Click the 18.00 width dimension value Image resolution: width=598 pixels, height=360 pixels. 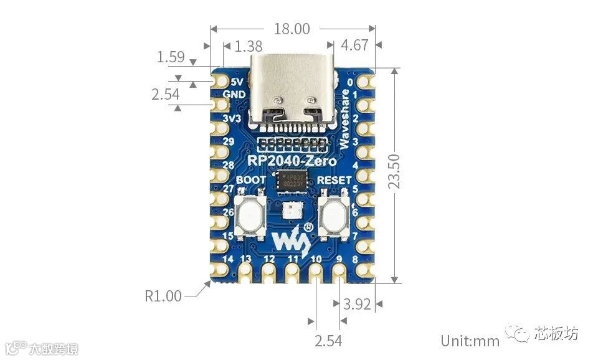[292, 29]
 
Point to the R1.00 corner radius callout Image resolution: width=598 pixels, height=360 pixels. [163, 296]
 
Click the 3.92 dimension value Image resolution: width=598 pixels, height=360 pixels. [357, 305]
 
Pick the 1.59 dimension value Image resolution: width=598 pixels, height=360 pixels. [170, 57]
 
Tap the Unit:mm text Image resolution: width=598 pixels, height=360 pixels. [470, 341]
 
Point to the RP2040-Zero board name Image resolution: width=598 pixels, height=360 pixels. [292, 161]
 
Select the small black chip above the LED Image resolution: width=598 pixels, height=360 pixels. [293, 181]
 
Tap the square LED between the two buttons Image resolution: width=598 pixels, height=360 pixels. [291, 211]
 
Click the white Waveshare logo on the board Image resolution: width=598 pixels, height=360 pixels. [293, 236]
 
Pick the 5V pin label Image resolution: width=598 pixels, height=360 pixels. [237, 82]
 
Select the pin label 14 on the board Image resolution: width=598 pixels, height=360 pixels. [228, 259]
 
